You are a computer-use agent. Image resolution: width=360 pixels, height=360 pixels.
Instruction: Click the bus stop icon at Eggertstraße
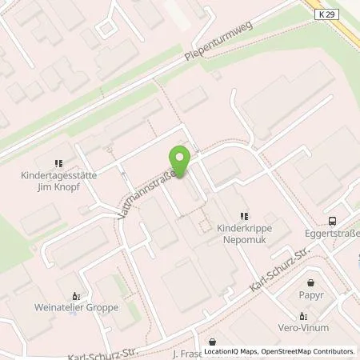[332, 222]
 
